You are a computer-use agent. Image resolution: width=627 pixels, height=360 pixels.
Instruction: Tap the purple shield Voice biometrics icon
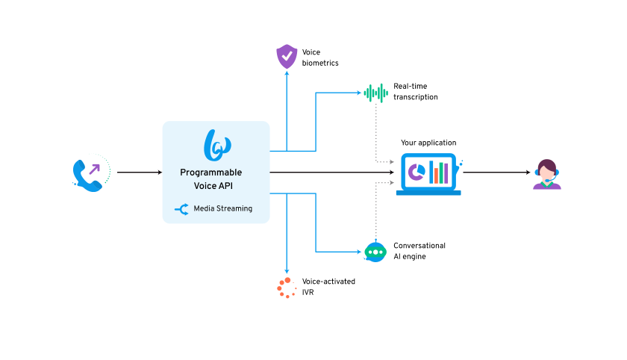pyautogui.click(x=287, y=57)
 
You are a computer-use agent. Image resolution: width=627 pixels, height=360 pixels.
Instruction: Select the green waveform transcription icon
pyautogui.click(x=375, y=93)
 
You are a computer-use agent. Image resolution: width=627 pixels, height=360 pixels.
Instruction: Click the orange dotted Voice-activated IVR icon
pyautogui.click(x=285, y=287)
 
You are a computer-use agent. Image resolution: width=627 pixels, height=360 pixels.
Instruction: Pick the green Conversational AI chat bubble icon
pyautogui.click(x=375, y=252)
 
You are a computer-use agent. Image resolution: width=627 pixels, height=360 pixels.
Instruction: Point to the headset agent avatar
pyautogui.click(x=547, y=175)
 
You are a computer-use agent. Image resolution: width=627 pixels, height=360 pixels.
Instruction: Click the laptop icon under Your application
pyautogui.click(x=428, y=174)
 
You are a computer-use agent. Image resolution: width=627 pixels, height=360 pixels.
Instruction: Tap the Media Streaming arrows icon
pyautogui.click(x=181, y=209)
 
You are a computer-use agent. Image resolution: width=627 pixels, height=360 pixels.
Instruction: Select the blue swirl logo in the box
pyautogui.click(x=216, y=144)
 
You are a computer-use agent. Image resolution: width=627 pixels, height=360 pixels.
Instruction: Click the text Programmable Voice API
pyautogui.click(x=216, y=178)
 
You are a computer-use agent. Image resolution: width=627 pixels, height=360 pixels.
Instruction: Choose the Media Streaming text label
pyautogui.click(x=222, y=209)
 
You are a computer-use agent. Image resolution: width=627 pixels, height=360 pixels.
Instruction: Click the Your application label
pyautogui.click(x=428, y=143)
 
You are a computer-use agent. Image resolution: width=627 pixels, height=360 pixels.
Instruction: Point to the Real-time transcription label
pyautogui.click(x=416, y=92)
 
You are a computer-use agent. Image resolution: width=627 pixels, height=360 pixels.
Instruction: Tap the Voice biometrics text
pyautogui.click(x=320, y=58)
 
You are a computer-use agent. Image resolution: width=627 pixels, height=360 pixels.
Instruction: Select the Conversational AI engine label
pyautogui.click(x=419, y=251)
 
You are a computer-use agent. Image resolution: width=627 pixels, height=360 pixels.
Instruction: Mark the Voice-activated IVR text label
pyautogui.click(x=328, y=286)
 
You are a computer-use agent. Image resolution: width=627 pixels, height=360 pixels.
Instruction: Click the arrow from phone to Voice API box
pyautogui.click(x=139, y=173)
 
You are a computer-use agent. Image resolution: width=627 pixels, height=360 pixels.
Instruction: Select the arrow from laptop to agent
pyautogui.click(x=496, y=173)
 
